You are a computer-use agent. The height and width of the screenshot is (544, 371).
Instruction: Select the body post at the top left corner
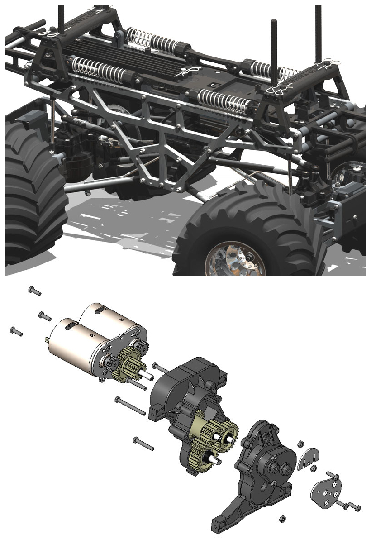[62, 14]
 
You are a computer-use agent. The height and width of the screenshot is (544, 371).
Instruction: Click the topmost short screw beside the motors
[34, 291]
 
